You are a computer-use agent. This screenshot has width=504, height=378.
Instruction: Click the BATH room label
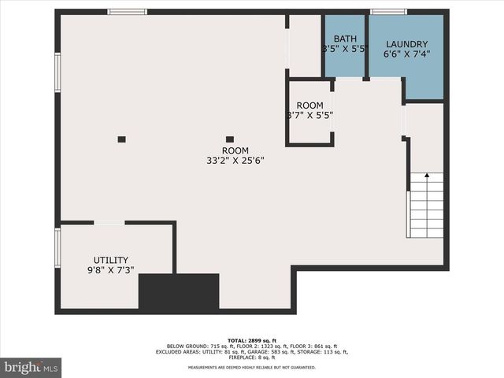[345, 39]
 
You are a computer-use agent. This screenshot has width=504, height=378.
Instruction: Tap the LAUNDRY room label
[406, 44]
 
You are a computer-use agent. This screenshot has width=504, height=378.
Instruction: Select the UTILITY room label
[110, 260]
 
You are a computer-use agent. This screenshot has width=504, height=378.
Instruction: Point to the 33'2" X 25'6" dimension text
[235, 161]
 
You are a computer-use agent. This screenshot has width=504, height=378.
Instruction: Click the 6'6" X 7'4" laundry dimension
[406, 54]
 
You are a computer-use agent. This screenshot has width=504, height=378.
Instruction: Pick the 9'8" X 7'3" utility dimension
[110, 270]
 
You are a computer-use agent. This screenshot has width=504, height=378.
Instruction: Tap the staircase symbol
[426, 206]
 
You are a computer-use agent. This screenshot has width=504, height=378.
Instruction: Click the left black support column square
[121, 139]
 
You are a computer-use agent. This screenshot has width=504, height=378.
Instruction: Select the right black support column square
[230, 139]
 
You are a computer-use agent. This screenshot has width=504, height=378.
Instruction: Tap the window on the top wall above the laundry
[388, 12]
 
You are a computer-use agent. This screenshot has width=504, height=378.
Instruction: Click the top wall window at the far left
[127, 12]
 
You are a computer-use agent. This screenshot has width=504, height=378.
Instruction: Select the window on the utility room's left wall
[57, 247]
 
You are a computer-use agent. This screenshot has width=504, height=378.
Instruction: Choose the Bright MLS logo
[31, 367]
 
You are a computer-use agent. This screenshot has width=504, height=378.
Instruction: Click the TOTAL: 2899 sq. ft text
[251, 339]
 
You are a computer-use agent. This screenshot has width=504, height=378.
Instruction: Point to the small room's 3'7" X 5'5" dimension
[309, 115]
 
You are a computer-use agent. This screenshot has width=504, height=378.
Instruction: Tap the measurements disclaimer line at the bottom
[251, 367]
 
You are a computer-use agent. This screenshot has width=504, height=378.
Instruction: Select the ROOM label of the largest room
[235, 150]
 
